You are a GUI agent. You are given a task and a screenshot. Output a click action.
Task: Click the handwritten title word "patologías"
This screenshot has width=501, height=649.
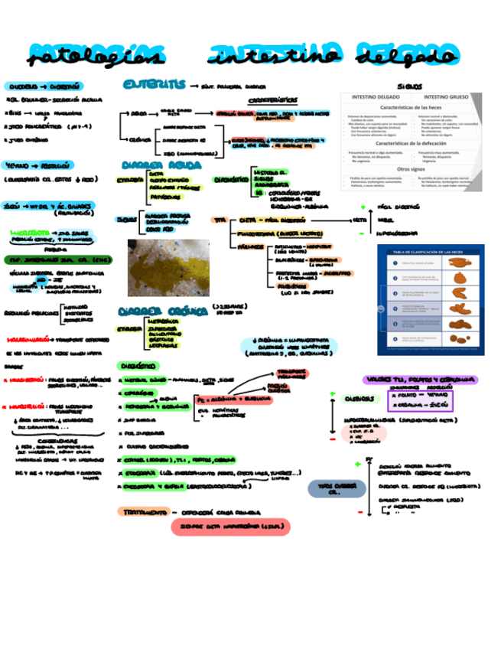95,55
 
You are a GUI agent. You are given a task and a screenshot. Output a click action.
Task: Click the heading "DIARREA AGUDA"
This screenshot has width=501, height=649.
156,165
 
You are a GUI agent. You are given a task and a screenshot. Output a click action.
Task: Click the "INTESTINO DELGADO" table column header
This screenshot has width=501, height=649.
378,98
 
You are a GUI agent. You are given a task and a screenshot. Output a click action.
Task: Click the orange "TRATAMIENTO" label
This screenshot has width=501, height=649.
146,511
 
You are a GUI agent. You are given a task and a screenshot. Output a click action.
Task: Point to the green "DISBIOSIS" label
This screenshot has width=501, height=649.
358,399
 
